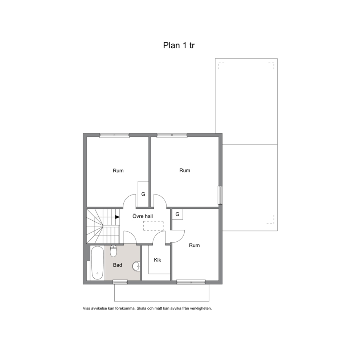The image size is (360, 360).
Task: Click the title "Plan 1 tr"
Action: pyautogui.click(x=179, y=45)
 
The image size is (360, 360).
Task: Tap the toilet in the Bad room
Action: pyautogui.click(x=114, y=251)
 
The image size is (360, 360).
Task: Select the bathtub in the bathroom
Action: pyautogui.click(x=97, y=263)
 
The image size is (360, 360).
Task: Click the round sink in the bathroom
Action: pyautogui.click(x=136, y=266)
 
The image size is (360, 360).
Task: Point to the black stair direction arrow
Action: pyautogui.click(x=117, y=217)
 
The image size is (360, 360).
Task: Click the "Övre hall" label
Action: pyautogui.click(x=143, y=216)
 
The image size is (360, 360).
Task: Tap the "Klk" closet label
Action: pyautogui.click(x=157, y=260)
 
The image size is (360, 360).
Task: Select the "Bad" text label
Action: pyautogui.click(x=117, y=265)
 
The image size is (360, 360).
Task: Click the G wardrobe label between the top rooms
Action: pyautogui.click(x=143, y=194)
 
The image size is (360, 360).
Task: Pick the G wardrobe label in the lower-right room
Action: pyautogui.click(x=177, y=214)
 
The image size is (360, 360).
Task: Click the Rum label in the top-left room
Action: pyautogui.click(x=118, y=171)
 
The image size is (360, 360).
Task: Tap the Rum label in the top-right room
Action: pyautogui.click(x=185, y=170)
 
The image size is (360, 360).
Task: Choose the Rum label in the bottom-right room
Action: pyautogui.click(x=194, y=245)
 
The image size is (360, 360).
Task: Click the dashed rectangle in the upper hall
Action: pyautogui.click(x=154, y=226)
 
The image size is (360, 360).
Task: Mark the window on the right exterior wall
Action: pyautogui.click(x=220, y=195)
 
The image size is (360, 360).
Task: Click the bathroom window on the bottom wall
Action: pyautogui.click(x=120, y=282)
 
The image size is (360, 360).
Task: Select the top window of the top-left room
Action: pyautogui.click(x=114, y=135)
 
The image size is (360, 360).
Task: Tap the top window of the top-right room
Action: pyautogui.click(x=172, y=135)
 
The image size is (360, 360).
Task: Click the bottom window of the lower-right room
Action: pyautogui.click(x=191, y=282)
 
